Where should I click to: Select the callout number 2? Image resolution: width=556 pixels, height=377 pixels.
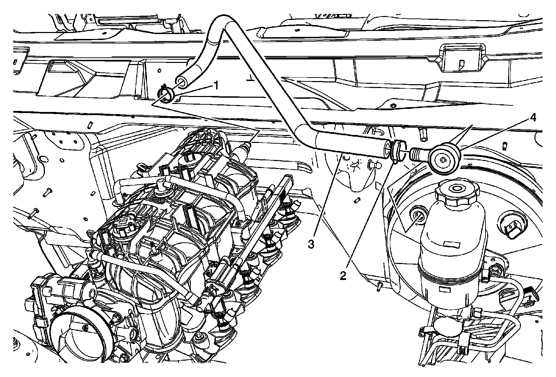pyautogui.click(x=343, y=276)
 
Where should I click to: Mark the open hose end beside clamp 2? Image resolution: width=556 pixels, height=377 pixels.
pyautogui.click(x=386, y=148)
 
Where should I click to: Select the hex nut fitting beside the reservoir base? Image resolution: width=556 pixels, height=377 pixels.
pyautogui.click(x=496, y=270)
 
